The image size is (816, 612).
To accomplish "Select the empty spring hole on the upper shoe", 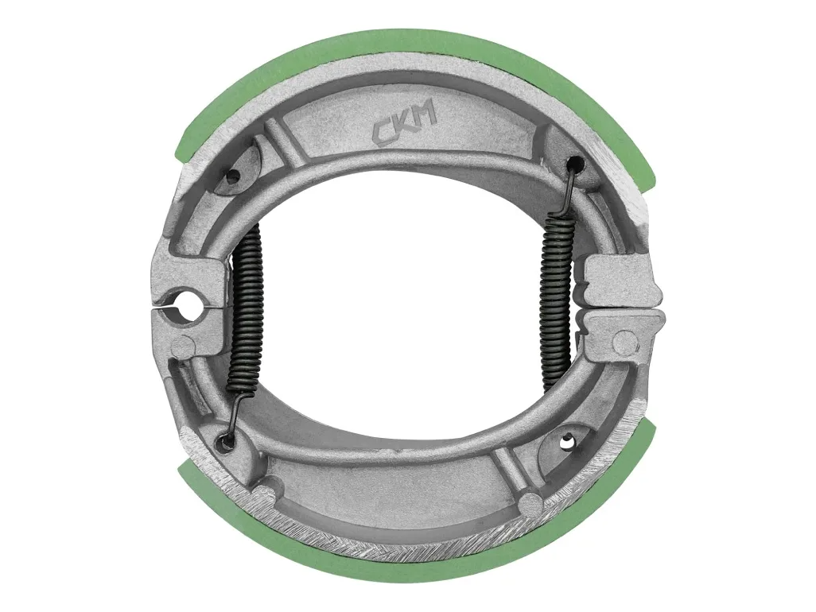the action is (x=232, y=176).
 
